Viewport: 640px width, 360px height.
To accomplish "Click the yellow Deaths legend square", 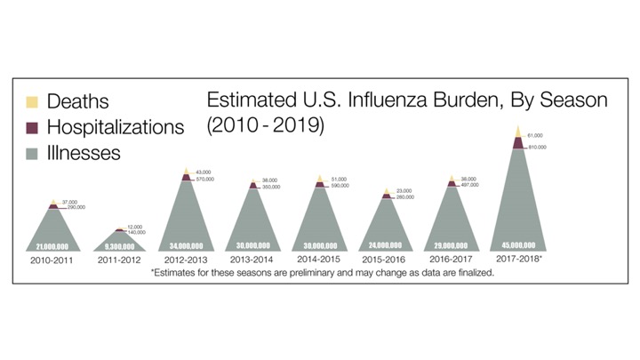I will pyautogui.click(x=33, y=102).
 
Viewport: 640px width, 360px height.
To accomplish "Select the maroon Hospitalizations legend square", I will pyautogui.click(x=33, y=127).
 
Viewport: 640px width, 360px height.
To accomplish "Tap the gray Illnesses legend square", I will pyautogui.click(x=33, y=153).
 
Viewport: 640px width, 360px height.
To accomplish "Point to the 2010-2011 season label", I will pyautogui.click(x=56, y=261).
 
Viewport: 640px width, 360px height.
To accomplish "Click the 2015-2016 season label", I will pyautogui.click(x=385, y=261).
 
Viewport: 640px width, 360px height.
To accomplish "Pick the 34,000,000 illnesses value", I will pyautogui.click(x=187, y=244).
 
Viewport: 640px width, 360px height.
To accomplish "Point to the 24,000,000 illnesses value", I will pyautogui.click(x=385, y=244).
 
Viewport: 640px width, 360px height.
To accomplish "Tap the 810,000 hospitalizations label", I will pyautogui.click(x=537, y=147).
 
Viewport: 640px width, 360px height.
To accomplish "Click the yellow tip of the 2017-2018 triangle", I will pyautogui.click(x=518, y=132).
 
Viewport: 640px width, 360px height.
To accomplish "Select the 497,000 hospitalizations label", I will pyautogui.click(x=470, y=185).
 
